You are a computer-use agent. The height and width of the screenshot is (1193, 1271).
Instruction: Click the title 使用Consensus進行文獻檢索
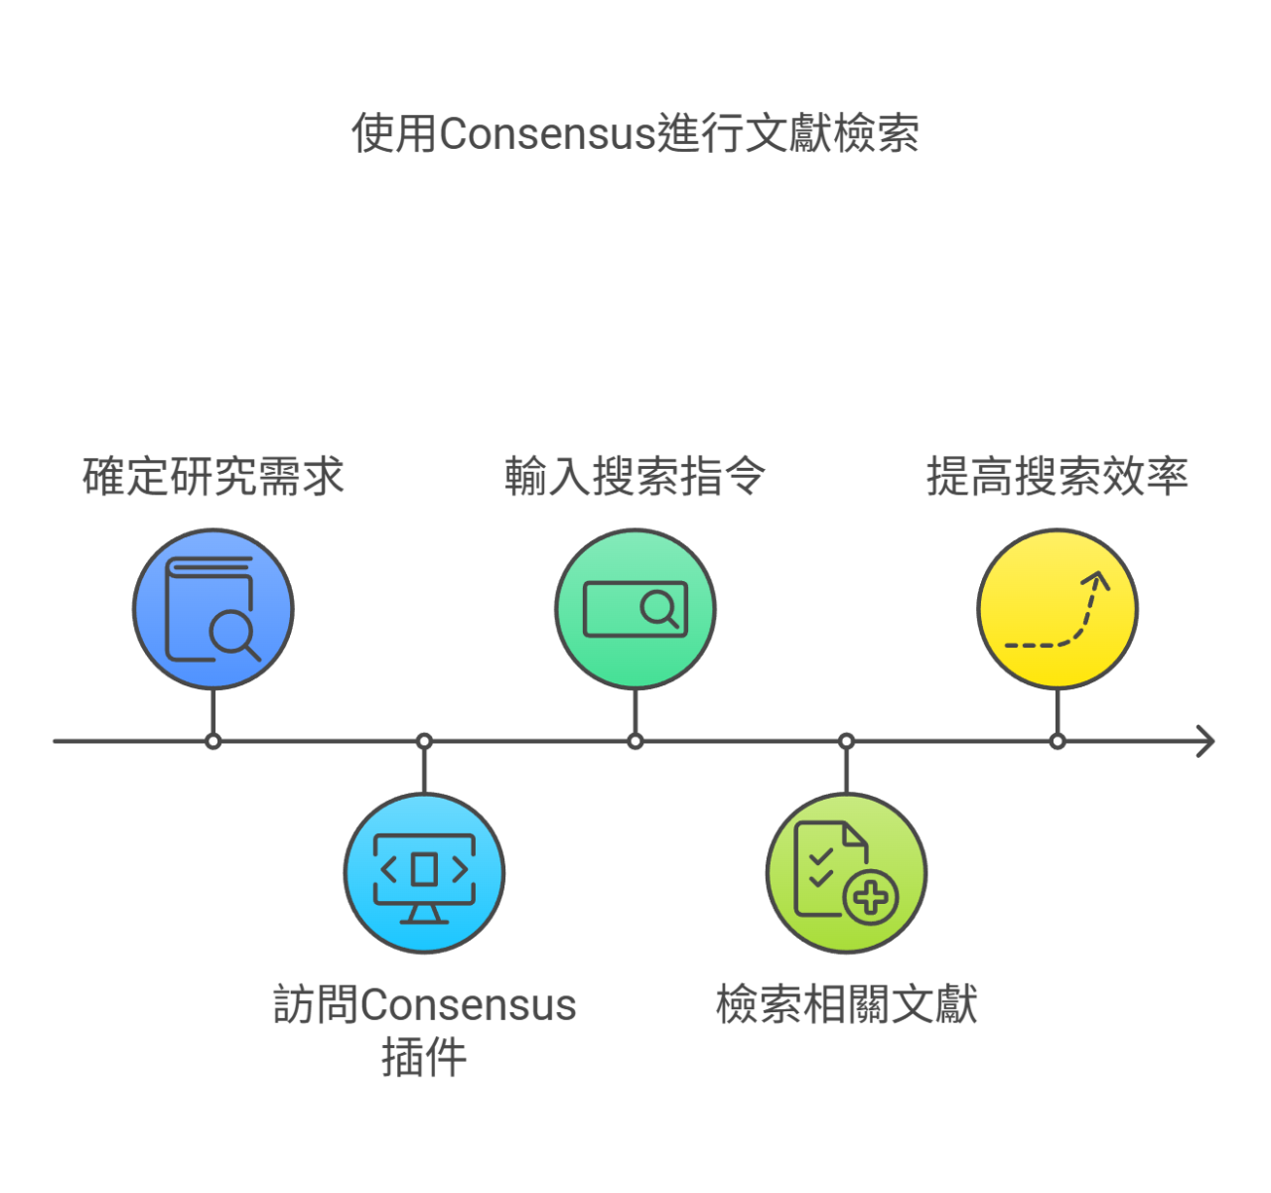[635, 133]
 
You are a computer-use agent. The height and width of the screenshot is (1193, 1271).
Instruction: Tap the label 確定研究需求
[213, 477]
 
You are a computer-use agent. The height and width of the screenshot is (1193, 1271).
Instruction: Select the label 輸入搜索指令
[635, 477]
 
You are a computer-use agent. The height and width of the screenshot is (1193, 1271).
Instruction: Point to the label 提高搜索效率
[1058, 477]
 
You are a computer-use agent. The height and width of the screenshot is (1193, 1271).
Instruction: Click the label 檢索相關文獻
[846, 1004]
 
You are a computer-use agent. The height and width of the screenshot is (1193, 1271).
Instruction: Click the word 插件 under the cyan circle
[424, 1057]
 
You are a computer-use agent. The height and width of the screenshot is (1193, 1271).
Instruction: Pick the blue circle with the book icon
[213, 609]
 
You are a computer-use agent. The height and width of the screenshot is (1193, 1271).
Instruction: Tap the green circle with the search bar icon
[635, 609]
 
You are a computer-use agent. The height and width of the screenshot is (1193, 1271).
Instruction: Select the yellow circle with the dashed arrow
[1058, 609]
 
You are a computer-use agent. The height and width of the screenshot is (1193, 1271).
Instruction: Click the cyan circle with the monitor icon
[424, 873]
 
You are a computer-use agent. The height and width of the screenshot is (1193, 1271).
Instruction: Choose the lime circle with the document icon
[846, 873]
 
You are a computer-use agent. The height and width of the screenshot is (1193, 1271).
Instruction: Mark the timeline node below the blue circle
[213, 742]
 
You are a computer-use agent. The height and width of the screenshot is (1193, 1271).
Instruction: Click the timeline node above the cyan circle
[424, 742]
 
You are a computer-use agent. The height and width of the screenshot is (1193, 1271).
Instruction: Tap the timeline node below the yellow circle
[1058, 742]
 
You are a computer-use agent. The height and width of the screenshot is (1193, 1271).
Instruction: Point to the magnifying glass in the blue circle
[233, 634]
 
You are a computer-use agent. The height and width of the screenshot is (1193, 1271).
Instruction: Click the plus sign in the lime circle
[871, 897]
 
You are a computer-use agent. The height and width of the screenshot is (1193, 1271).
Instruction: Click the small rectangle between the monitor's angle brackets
[424, 869]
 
